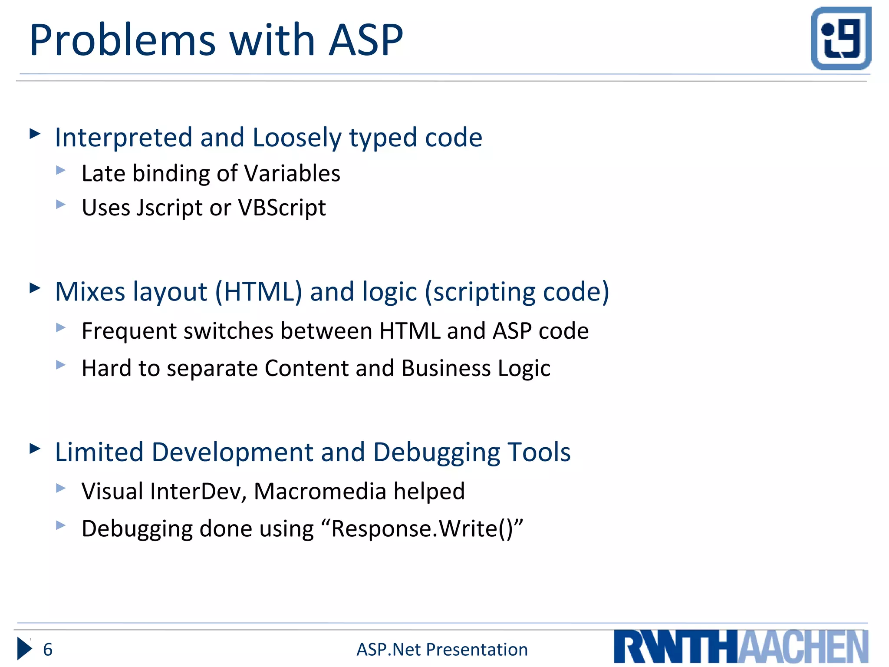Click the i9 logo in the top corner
coord(841,38)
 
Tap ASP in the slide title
coord(366,40)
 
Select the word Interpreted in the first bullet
coord(123,138)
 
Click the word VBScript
coord(282,208)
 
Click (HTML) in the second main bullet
coord(259,291)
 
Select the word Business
coord(446,368)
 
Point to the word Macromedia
coord(320,491)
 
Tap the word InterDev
coord(198,491)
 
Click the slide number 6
coord(48,650)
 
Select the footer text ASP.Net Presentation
coord(442,650)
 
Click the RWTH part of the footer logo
coord(675,647)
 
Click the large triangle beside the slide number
coord(24,649)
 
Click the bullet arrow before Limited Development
coord(35,449)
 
